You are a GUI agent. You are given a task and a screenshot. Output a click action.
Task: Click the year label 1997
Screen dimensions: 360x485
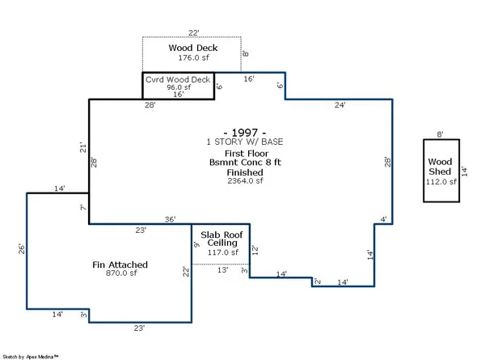pos(242,131)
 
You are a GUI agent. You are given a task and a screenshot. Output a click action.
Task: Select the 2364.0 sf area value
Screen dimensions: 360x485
pos(242,181)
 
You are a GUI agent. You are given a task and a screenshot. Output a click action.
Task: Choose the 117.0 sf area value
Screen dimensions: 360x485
pos(221,252)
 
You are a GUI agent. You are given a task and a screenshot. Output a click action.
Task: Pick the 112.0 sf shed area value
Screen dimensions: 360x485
pos(441,182)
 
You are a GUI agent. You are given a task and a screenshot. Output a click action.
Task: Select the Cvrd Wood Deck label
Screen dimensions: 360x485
pos(178,79)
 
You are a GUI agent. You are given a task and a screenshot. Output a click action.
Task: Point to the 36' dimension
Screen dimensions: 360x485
pos(171,218)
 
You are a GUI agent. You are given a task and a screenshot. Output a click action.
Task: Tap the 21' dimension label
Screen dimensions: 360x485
pos(82,147)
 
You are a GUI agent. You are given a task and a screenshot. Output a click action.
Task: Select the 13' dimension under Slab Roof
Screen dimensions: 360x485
pos(221,270)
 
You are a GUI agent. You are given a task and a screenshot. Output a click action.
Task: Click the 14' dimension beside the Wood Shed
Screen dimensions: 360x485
pos(465,171)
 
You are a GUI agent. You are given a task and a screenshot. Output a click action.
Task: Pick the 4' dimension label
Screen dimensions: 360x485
pos(384,218)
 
